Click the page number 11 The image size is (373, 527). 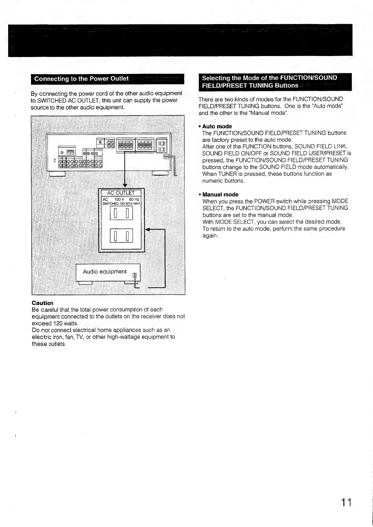[x=346, y=503]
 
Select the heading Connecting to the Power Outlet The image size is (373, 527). [x=81, y=79]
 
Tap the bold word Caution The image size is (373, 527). [x=43, y=303]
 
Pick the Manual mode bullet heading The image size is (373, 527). [x=220, y=194]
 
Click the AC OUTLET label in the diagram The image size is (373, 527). [x=121, y=193]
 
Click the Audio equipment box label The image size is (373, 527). [x=105, y=271]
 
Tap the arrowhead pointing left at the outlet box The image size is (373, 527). [x=148, y=230]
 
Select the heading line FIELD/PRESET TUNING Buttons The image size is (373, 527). [x=250, y=85]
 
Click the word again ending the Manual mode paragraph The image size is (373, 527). [x=210, y=235]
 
